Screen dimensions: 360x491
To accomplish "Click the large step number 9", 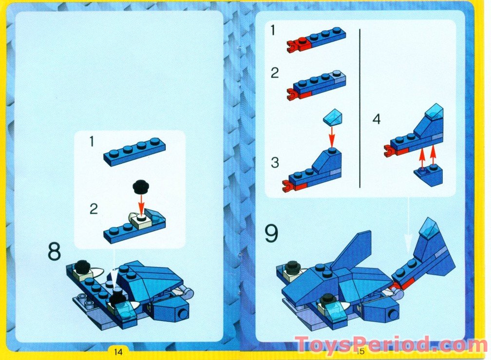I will pos(271,233).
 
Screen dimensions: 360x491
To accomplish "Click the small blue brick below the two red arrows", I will pos(429,176).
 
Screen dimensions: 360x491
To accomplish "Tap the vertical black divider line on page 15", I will pos(359,107).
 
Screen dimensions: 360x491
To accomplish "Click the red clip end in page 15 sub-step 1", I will pos(293,47).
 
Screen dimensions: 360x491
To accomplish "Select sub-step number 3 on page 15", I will pos(275,163).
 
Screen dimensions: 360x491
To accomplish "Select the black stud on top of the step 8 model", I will pos(82,266).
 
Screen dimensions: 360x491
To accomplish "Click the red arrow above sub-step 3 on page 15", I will pos(333,133).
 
